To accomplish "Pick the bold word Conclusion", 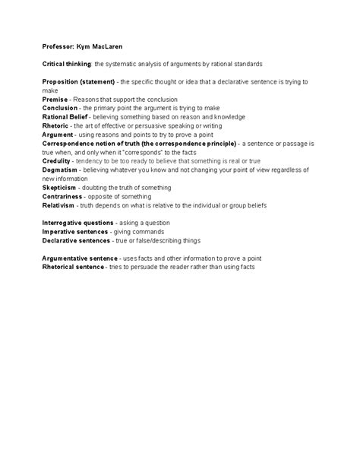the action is click(60, 108).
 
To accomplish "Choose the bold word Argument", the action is click(58, 134).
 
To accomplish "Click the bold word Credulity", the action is click(58, 160).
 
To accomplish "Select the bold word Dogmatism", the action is click(61, 170).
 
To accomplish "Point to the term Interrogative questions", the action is click(76, 223).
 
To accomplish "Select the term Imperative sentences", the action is click(74, 231).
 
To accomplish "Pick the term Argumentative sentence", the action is click(80, 259).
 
